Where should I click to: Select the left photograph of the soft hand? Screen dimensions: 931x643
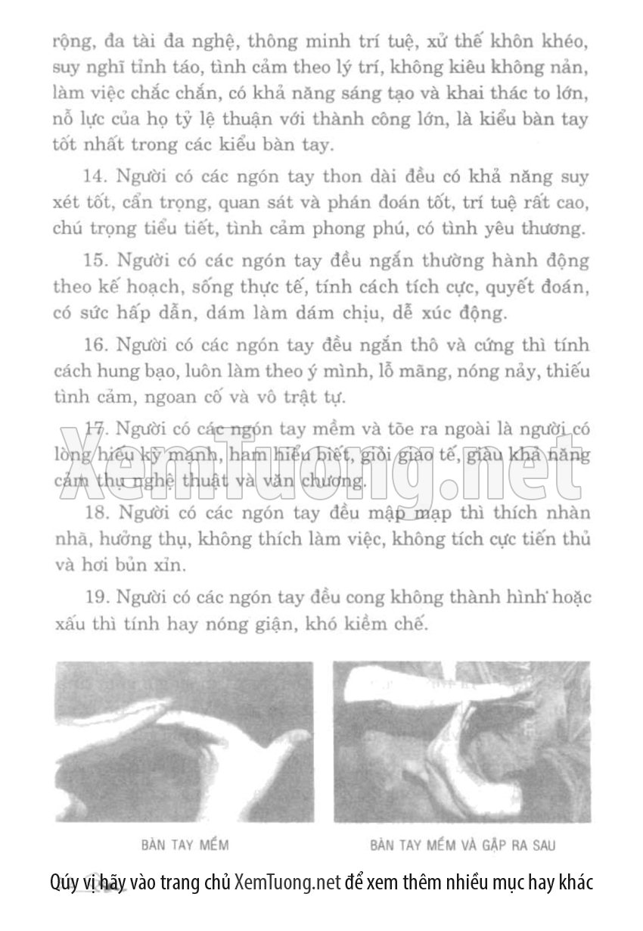click(x=184, y=742)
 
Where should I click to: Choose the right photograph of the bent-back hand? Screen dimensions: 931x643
click(x=462, y=742)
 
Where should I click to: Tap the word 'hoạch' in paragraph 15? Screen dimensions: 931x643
click(x=137, y=287)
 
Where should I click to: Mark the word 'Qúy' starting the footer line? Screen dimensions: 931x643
click(x=62, y=883)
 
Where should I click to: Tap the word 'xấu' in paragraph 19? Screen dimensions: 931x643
click(x=69, y=624)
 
